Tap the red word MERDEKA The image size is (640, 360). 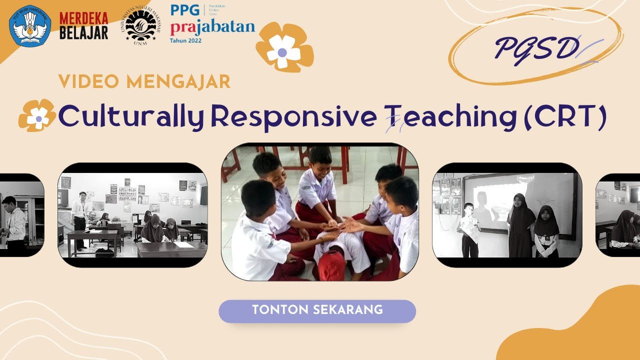(84, 18)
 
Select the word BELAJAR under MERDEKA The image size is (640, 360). (84, 33)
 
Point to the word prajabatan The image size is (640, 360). (212, 27)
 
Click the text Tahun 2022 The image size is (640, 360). (186, 40)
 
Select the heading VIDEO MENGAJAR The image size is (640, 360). (144, 81)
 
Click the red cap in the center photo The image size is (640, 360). (331, 265)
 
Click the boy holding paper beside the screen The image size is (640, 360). (469, 230)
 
